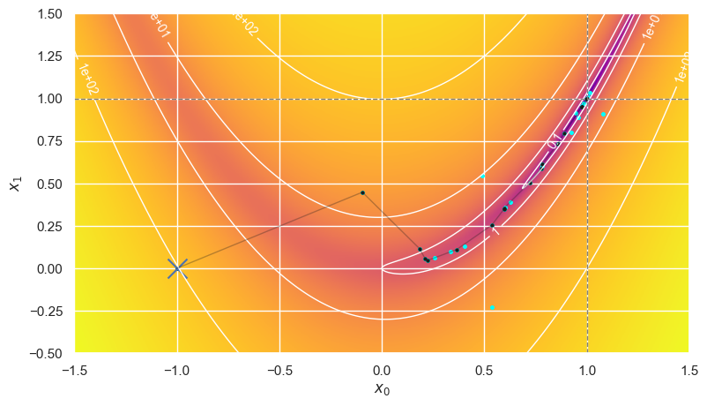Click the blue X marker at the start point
(177, 267)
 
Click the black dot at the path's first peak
(362, 192)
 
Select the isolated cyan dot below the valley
(492, 307)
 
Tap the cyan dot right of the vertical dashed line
(603, 115)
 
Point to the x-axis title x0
(382, 389)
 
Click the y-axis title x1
(14, 184)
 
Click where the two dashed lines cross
(587, 99)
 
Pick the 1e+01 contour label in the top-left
(162, 26)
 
